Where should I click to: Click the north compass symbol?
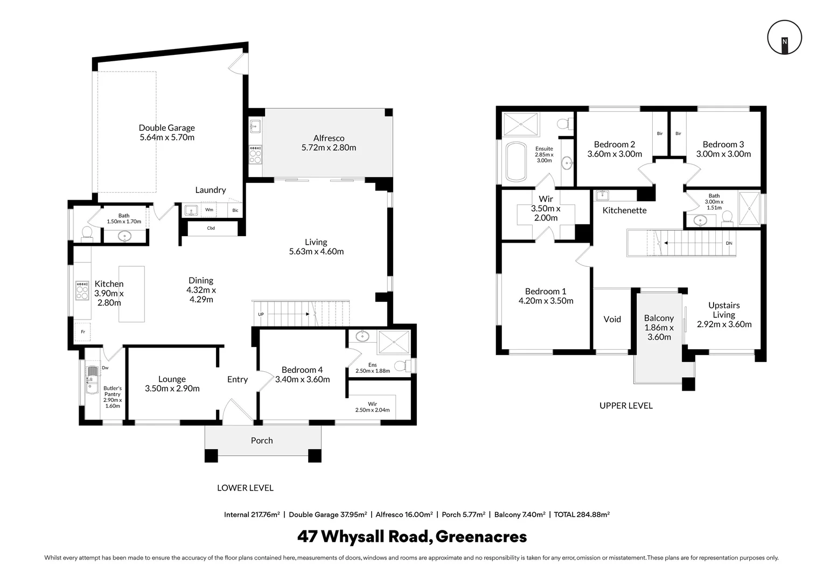point(784,38)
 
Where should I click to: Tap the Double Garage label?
point(167,127)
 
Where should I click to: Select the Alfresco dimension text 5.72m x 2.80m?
point(329,147)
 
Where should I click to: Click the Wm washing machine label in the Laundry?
point(209,210)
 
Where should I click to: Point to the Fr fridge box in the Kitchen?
point(82,332)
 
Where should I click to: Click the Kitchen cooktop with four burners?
point(82,290)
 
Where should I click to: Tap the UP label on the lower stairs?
point(261,314)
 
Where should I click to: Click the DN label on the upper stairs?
point(729,243)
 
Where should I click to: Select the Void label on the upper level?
point(612,320)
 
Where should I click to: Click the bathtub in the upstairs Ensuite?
point(516,162)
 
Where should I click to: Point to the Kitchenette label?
point(624,210)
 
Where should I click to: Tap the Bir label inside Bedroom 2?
point(659,133)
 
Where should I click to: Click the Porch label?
point(262,441)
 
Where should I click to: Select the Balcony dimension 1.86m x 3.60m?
point(659,332)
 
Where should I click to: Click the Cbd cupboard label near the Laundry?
point(211,228)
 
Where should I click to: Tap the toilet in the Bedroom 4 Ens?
point(402,366)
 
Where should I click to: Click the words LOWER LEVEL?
point(245,488)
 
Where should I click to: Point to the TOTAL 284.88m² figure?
point(582,515)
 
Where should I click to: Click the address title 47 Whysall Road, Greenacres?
point(412,536)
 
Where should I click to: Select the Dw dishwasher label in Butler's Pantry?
point(105,368)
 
